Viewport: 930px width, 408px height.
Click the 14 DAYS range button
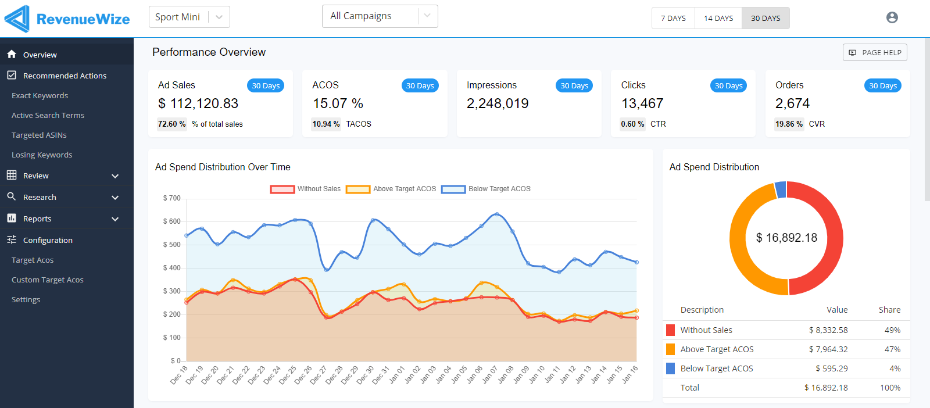tap(718, 18)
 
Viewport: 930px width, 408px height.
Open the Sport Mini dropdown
tap(189, 17)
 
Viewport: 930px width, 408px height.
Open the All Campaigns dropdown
tap(380, 16)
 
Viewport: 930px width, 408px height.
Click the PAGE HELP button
tap(875, 52)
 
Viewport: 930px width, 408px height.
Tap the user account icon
tap(892, 17)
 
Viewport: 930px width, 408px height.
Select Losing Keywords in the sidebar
tap(42, 155)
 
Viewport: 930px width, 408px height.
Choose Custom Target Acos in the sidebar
tap(48, 280)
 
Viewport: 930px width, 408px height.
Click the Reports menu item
tap(37, 219)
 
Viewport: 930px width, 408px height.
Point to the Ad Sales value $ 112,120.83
tap(198, 103)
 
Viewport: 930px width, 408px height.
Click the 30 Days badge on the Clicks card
tap(728, 85)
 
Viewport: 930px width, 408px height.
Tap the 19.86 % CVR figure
tap(789, 124)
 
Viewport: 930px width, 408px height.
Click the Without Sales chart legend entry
tap(306, 189)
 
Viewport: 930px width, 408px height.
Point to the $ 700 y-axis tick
tap(171, 198)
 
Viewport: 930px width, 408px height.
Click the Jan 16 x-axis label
tap(630, 374)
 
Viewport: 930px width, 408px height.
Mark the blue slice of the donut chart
tap(781, 189)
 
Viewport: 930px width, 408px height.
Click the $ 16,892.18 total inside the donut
tap(786, 238)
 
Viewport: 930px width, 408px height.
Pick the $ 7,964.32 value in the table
tap(828, 349)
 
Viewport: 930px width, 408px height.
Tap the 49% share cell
tap(892, 330)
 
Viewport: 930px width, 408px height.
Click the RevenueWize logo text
tap(83, 19)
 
